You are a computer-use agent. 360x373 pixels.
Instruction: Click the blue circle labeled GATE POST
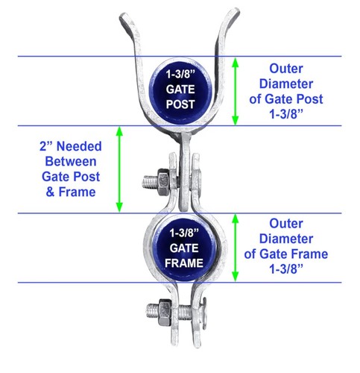coord(180,91)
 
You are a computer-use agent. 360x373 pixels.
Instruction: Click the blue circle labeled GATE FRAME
coord(184,248)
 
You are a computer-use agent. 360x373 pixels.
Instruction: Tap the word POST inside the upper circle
coord(180,104)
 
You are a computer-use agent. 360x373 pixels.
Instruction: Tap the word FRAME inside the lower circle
coord(184,263)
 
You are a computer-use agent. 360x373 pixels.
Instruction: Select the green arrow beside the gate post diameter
coord(235,91)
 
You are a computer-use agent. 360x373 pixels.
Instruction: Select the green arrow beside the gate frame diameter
coord(235,248)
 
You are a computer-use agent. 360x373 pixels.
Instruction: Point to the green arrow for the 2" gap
coord(119,169)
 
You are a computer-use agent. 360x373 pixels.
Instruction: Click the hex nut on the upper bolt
coord(163,182)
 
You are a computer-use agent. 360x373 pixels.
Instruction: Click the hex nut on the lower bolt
coord(165,312)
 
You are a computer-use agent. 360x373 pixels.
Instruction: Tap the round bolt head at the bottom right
coord(204,313)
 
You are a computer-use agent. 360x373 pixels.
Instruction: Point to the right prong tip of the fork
coord(234,13)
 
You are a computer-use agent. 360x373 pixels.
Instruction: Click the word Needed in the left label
coord(79,146)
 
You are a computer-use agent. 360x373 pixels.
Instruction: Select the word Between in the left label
coord(71,162)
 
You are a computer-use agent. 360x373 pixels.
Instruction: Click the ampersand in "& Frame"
coord(50,192)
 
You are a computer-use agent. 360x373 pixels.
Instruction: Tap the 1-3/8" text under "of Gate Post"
coord(286,114)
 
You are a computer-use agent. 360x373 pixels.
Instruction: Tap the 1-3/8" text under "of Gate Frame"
coord(286,269)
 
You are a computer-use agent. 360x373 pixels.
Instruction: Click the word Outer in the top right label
coord(286,69)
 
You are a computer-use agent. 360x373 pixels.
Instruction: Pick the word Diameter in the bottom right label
coord(286,239)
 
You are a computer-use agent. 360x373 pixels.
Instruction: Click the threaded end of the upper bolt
coord(150,182)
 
